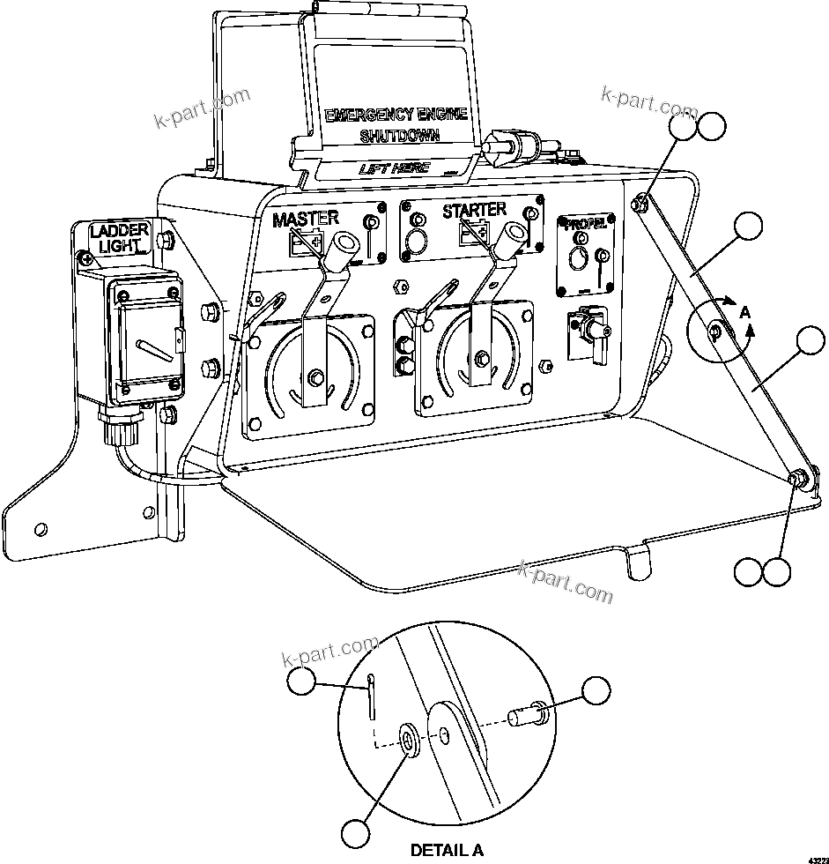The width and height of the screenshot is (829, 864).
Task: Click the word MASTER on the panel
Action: (x=305, y=218)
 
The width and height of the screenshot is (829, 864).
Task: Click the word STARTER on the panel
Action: (x=474, y=210)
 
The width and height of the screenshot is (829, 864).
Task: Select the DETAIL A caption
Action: (x=447, y=850)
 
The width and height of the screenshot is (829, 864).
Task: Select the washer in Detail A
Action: (x=409, y=740)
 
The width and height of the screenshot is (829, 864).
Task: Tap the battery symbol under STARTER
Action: (x=473, y=232)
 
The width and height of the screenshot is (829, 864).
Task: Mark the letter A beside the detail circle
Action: (x=745, y=312)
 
